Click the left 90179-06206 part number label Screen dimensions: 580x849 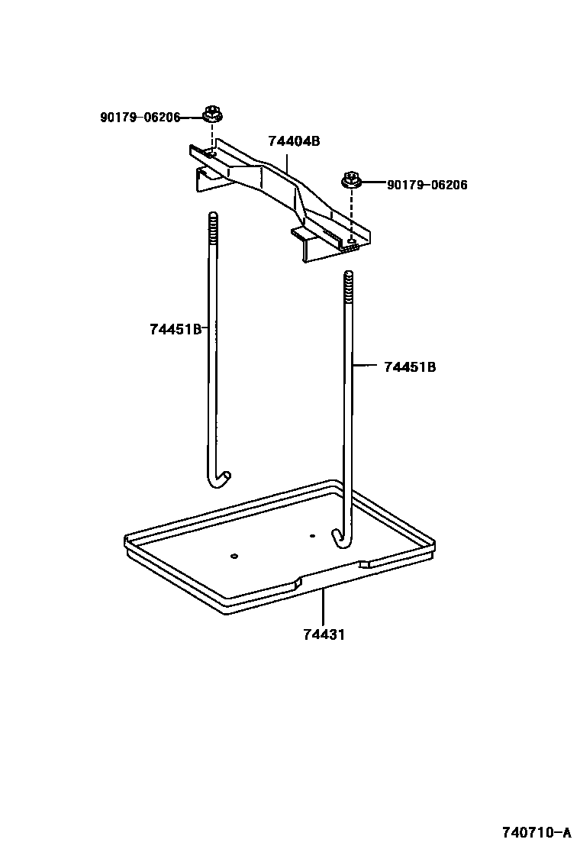140,117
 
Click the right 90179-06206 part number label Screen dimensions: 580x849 427,185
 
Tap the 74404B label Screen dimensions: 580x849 293,141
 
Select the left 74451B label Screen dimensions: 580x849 176,329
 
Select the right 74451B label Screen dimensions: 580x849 410,366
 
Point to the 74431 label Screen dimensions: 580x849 323,634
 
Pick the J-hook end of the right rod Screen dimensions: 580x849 340,538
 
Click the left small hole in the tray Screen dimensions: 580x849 235,555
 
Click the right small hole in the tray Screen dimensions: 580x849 312,535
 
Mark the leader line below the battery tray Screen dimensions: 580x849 323,607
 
